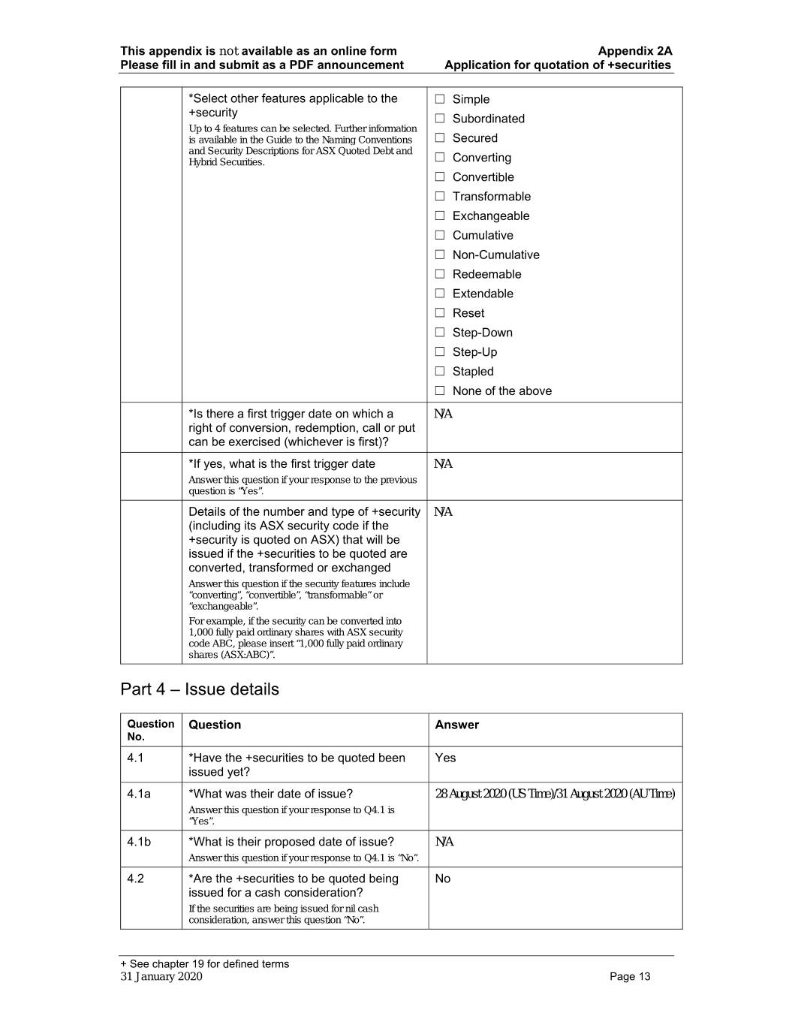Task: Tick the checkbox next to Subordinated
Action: point(440,119)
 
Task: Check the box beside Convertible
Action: point(440,177)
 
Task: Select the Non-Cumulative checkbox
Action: point(440,255)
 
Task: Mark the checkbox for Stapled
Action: point(440,371)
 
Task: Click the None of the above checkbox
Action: point(440,390)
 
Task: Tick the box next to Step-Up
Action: point(440,351)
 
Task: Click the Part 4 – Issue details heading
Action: point(200,689)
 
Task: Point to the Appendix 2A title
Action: point(634,51)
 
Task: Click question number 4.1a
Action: point(139,794)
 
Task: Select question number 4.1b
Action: point(139,842)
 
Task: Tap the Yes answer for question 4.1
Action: point(445,758)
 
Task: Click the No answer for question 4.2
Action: point(443,879)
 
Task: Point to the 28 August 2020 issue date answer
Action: point(554,794)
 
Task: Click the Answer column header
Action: point(456,725)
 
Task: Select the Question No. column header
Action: point(150,730)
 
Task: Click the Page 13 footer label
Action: point(630,976)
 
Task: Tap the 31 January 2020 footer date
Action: point(161,976)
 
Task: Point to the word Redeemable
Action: point(486,274)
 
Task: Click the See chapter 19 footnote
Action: point(204,964)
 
